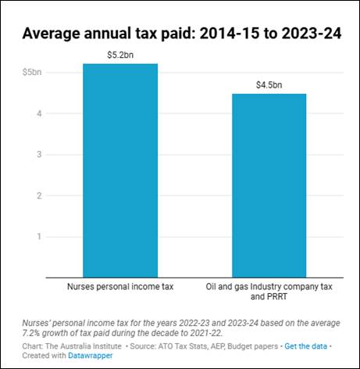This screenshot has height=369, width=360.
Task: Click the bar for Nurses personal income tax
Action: click(x=120, y=170)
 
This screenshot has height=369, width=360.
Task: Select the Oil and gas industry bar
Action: click(x=269, y=186)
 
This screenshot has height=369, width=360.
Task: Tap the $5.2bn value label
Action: click(x=120, y=55)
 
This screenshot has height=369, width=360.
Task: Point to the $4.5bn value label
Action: click(x=269, y=85)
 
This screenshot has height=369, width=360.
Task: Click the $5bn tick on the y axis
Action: click(x=32, y=72)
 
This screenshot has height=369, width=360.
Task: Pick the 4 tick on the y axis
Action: click(x=39, y=113)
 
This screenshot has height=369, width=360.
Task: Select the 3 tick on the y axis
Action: click(x=39, y=155)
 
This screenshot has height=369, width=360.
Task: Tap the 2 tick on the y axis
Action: click(x=39, y=195)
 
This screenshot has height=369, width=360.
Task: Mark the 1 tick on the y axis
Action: click(x=39, y=237)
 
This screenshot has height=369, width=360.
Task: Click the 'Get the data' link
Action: click(x=305, y=346)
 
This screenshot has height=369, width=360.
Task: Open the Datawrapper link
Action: click(x=91, y=356)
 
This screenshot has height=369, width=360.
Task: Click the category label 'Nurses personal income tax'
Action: click(x=120, y=287)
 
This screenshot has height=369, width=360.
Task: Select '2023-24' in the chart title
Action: click(x=312, y=34)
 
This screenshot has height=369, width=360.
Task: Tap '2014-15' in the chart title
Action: click(x=230, y=34)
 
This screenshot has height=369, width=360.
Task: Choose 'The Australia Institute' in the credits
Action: click(x=84, y=346)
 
